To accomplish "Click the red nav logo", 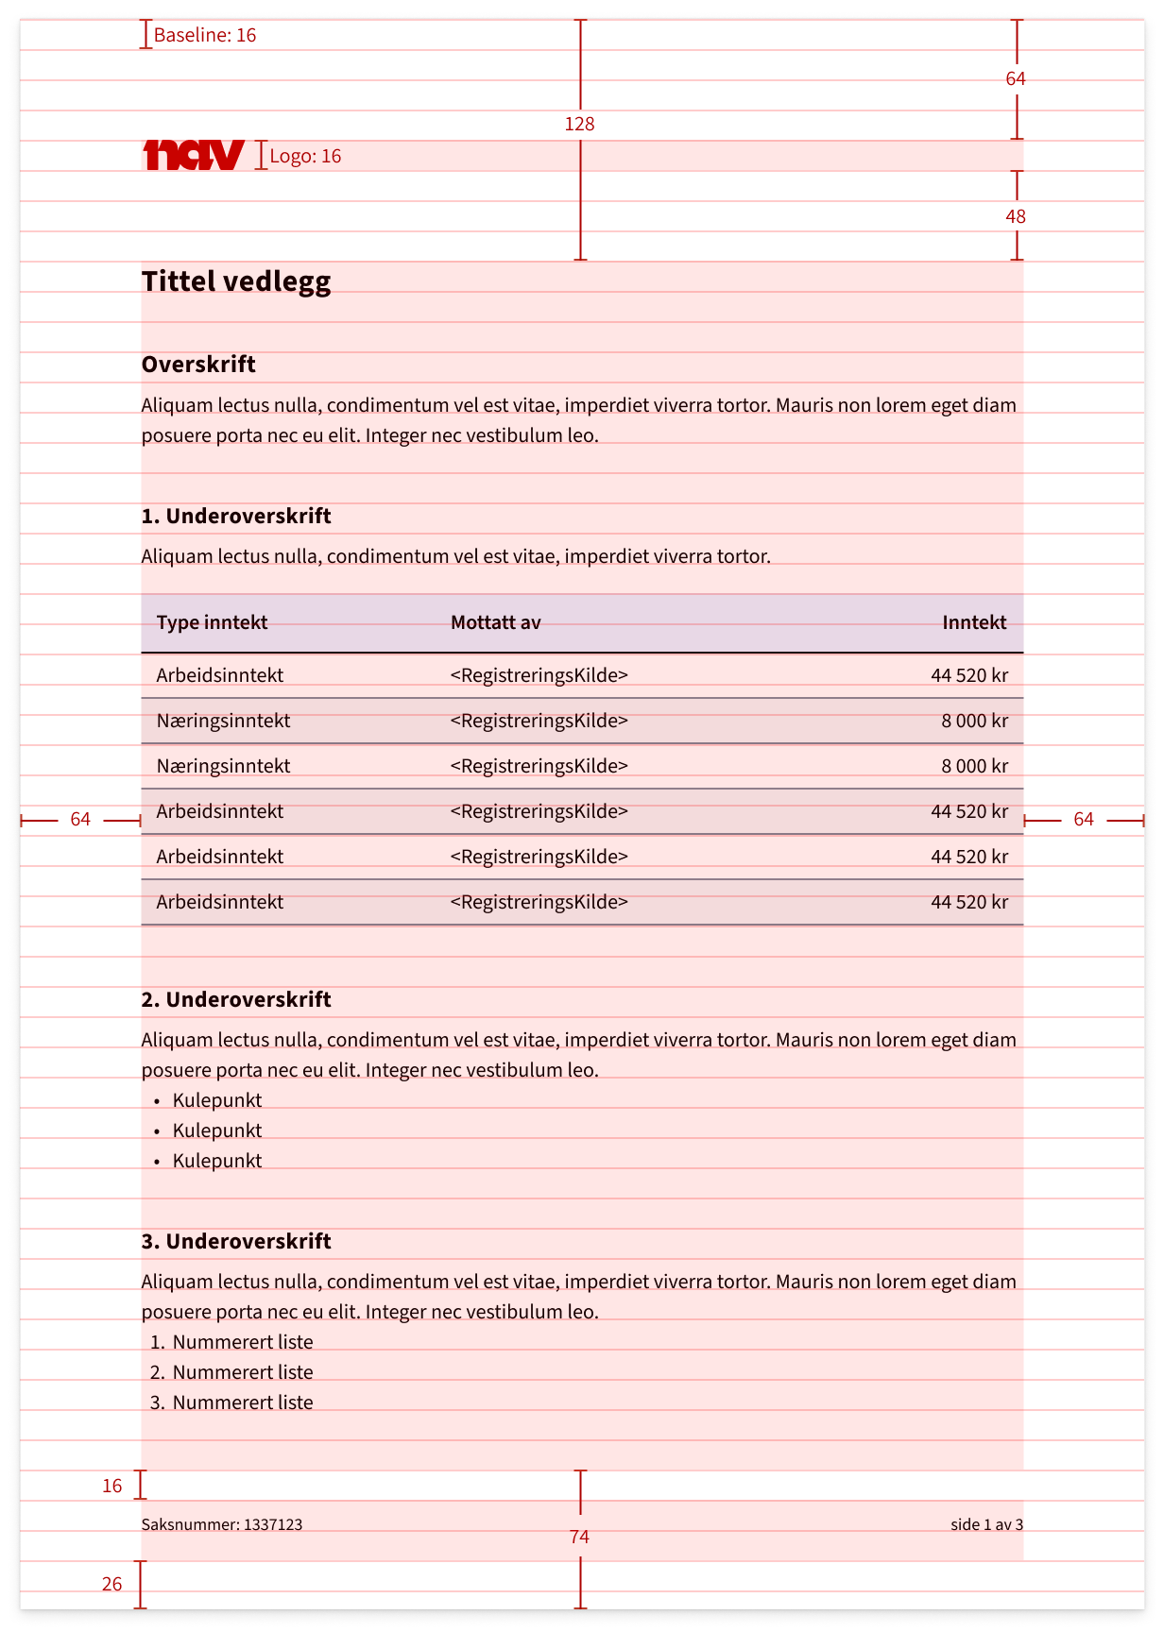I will pyautogui.click(x=194, y=155).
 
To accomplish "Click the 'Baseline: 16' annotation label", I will pyautogui.click(x=205, y=36).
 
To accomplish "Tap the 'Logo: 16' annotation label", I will pyautogui.click(x=305, y=157).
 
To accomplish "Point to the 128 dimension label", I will pyautogui.click(x=579, y=124).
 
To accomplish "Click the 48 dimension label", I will pyautogui.click(x=1016, y=216).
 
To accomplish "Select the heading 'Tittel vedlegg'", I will pyautogui.click(x=236, y=281).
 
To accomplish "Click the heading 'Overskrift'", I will pyautogui.click(x=198, y=365).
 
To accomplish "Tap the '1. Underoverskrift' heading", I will pyautogui.click(x=236, y=517).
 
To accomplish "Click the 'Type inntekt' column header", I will pyautogui.click(x=212, y=622).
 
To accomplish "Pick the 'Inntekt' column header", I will pyautogui.click(x=974, y=622).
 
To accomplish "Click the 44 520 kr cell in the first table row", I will pyautogui.click(x=969, y=675).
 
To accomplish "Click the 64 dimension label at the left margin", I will pyautogui.click(x=80, y=820).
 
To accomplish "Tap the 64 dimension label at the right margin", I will pyautogui.click(x=1083, y=820).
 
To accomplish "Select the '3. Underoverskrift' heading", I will pyautogui.click(x=236, y=1242).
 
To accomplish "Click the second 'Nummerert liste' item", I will pyautogui.click(x=242, y=1372).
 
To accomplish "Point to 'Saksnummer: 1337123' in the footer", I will pyautogui.click(x=222, y=1524).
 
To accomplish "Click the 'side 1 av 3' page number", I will pyautogui.click(x=986, y=1524).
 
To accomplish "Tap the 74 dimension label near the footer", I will pyautogui.click(x=579, y=1538).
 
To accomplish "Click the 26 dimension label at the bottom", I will pyautogui.click(x=112, y=1585).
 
